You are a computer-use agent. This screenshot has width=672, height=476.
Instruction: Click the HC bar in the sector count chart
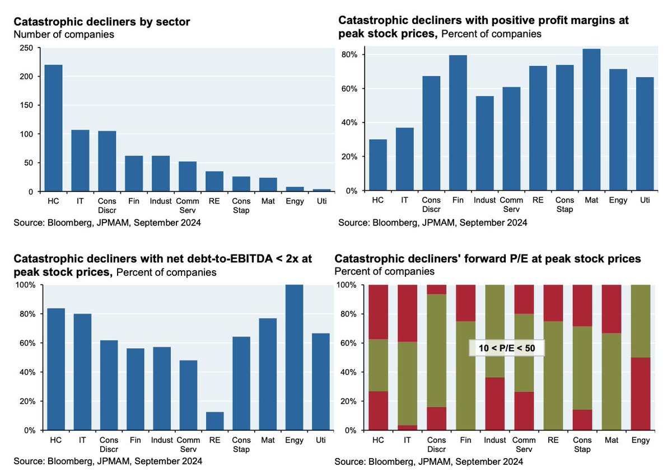[54, 128]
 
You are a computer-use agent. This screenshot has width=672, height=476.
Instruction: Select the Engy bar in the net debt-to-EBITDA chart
[294, 357]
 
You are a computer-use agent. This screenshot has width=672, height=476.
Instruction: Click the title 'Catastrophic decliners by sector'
[102, 22]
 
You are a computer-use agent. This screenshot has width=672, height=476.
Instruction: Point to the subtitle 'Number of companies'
[63, 35]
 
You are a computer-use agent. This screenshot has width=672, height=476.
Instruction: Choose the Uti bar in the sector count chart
[321, 190]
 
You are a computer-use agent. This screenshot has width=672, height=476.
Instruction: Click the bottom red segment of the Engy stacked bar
[640, 394]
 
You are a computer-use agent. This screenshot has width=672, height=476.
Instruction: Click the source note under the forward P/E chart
[428, 462]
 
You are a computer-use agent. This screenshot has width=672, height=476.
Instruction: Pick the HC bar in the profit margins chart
[378, 165]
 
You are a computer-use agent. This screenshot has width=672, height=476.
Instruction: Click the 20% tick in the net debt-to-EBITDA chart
[27, 402]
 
